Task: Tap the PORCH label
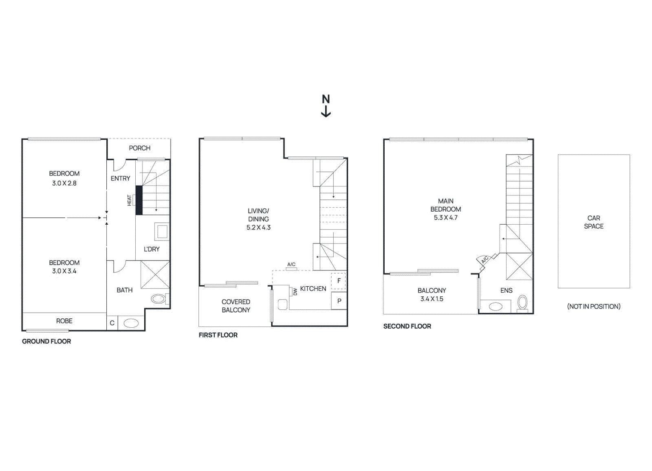[x=139, y=148]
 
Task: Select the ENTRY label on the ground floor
[x=120, y=178]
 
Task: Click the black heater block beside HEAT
[x=139, y=200]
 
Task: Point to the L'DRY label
[x=152, y=249]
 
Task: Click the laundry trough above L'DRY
[x=162, y=231]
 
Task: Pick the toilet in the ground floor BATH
[x=159, y=299]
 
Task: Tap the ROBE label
[x=64, y=321]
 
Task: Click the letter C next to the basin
[x=112, y=323]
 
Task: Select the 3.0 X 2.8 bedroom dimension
[x=64, y=183]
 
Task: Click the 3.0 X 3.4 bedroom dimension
[x=64, y=271]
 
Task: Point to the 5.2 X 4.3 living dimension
[x=258, y=228]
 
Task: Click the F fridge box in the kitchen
[x=339, y=281]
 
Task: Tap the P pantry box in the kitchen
[x=339, y=301]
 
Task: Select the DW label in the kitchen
[x=295, y=291]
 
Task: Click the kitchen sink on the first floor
[x=282, y=304]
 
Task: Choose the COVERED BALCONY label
[x=236, y=306]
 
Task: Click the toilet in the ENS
[x=522, y=302]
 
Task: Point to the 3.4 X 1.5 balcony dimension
[x=432, y=299]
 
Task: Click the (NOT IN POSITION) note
[x=594, y=307]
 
